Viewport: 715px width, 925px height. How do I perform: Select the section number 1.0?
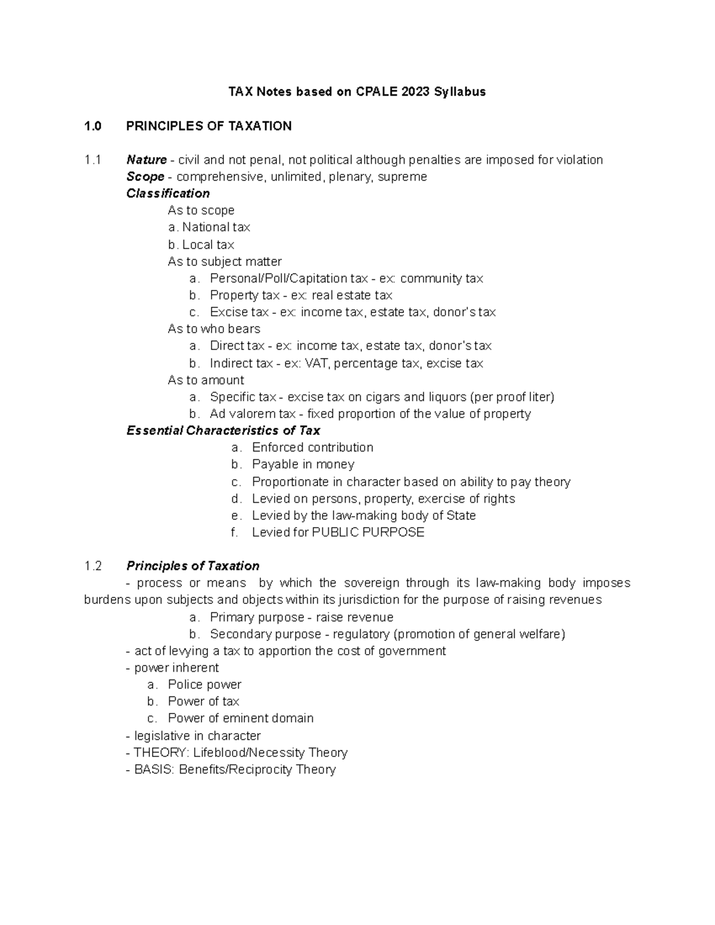pyautogui.click(x=93, y=126)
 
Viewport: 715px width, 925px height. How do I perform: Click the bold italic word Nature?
pyautogui.click(x=146, y=160)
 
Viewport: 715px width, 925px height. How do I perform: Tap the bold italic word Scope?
pyautogui.click(x=145, y=177)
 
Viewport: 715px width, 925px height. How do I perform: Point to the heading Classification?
pyautogui.click(x=167, y=194)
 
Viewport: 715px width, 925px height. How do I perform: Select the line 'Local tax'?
pyautogui.click(x=208, y=245)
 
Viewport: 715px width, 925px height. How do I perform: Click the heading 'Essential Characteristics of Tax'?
pyautogui.click(x=223, y=431)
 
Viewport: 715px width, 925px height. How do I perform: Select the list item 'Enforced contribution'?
pyautogui.click(x=312, y=447)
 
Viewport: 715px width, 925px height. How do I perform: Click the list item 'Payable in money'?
pyautogui.click(x=303, y=465)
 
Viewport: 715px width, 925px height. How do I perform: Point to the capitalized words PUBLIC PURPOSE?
pyautogui.click(x=368, y=532)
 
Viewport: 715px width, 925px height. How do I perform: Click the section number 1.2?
pyautogui.click(x=93, y=566)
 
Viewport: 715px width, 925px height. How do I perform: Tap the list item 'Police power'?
pyautogui.click(x=204, y=684)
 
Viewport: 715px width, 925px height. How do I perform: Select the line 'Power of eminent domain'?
pyautogui.click(x=240, y=718)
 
